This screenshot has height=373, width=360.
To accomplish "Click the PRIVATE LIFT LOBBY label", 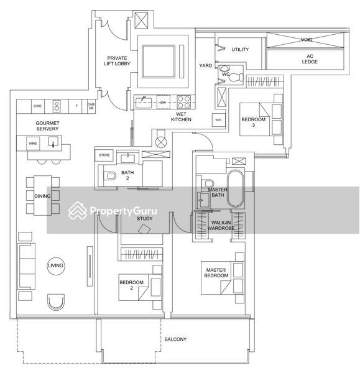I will pos(117,62).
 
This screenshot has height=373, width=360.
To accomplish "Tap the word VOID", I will pos(307,39).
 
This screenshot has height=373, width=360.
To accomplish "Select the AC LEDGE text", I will pos(310,59).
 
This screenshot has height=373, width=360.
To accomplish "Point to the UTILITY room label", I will pos(240,50).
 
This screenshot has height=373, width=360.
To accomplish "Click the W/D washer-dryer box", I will pos(218,119).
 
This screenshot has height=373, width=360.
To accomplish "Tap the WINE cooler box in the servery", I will pos(32,144).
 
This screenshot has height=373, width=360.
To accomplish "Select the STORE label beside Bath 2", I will pos(104,155).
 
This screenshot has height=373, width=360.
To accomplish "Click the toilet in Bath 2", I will pos(109,176).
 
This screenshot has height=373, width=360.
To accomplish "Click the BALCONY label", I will pos(175,339).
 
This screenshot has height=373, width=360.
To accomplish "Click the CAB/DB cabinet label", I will pos(91,106).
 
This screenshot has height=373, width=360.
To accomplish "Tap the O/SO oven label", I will pos(37,106).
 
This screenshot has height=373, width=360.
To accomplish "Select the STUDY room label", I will pos(144,218).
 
